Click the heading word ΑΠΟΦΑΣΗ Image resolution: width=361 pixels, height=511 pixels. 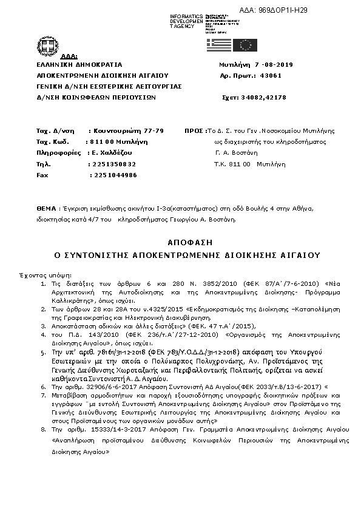coord(180,241)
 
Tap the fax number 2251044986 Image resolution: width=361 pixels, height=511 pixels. coord(113,175)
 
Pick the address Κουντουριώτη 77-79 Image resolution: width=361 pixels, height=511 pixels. coord(126,130)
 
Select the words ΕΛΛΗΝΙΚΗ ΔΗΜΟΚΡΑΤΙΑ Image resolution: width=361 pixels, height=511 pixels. coord(79,64)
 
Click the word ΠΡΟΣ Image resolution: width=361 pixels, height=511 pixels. coord(194,130)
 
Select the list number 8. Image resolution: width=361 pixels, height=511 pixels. coord(42,428)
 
